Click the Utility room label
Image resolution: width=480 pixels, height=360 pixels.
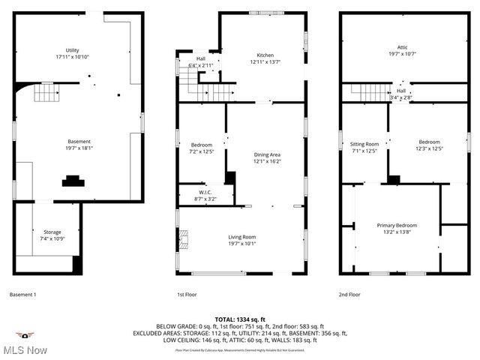click(x=72, y=50)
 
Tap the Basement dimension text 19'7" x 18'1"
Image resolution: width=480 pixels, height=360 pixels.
click(x=79, y=148)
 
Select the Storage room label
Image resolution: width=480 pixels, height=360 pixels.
click(x=52, y=232)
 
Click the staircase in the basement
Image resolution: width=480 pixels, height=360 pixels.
click(x=47, y=93)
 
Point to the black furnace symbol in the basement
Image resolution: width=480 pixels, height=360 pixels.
click(x=73, y=180)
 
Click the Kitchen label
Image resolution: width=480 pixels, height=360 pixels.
click(x=265, y=55)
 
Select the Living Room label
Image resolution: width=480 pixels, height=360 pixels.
click(x=242, y=237)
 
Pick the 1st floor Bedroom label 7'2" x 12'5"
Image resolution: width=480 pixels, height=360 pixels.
click(x=201, y=145)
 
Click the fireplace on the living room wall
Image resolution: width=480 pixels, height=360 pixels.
click(x=183, y=240)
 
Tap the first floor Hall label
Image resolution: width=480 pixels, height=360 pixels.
click(x=201, y=58)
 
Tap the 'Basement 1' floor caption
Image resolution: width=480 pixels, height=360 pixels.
click(x=22, y=295)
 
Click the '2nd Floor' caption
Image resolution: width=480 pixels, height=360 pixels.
click(x=349, y=295)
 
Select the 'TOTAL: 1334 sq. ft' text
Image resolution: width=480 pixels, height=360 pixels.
click(x=240, y=319)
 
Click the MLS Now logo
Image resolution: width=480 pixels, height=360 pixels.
click(x=24, y=344)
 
